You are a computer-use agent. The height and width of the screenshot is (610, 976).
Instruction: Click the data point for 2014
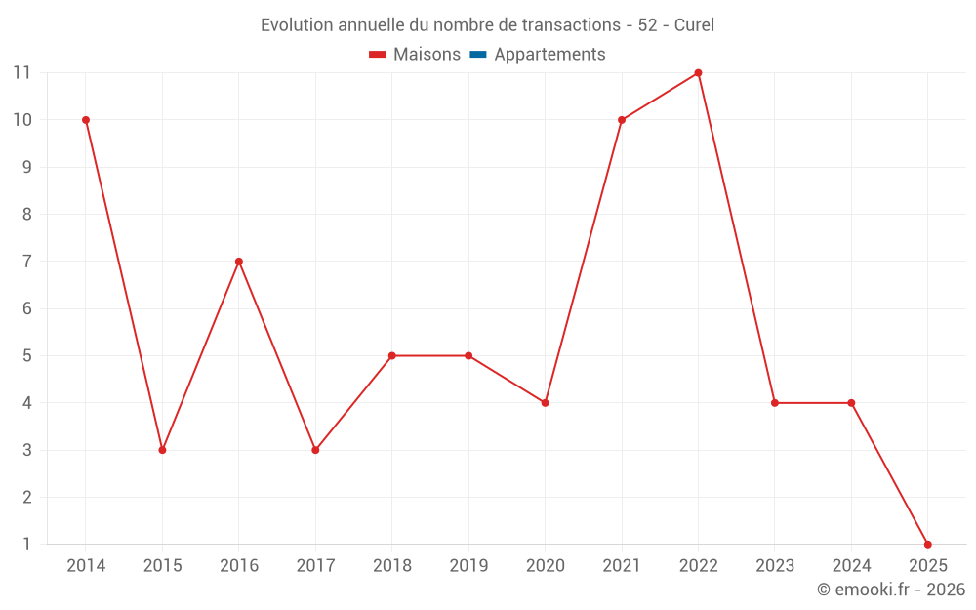pyautogui.click(x=86, y=120)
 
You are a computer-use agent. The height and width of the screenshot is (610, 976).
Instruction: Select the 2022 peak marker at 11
pyautogui.click(x=698, y=73)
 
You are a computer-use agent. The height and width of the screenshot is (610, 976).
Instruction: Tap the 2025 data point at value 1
pyautogui.click(x=927, y=544)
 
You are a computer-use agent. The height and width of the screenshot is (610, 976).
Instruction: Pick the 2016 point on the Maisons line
pyautogui.click(x=239, y=262)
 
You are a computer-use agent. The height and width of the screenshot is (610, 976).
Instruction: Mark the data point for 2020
pyautogui.click(x=545, y=403)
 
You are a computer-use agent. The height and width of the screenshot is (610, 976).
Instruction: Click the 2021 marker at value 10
pyautogui.click(x=622, y=120)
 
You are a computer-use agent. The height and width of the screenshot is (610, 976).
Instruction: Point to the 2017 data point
pyautogui.click(x=315, y=450)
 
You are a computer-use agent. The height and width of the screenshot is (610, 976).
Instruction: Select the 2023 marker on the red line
pyautogui.click(x=775, y=403)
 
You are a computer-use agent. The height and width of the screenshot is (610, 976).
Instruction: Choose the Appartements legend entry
pyautogui.click(x=549, y=55)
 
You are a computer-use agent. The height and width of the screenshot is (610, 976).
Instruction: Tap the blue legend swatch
pyautogui.click(x=478, y=55)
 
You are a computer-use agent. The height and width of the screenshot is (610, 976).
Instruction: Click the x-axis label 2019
pyautogui.click(x=468, y=566)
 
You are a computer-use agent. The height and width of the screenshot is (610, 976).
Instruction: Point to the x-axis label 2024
pyautogui.click(x=851, y=566)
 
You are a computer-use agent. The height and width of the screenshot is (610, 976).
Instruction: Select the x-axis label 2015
pyautogui.click(x=162, y=566)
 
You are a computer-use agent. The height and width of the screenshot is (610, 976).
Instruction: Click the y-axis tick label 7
pyautogui.click(x=26, y=262)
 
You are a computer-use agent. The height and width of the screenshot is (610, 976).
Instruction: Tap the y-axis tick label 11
pyautogui.click(x=22, y=73)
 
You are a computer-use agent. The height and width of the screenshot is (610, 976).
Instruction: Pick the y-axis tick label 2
pyautogui.click(x=26, y=497)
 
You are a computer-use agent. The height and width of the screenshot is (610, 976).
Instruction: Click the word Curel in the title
pyautogui.click(x=694, y=25)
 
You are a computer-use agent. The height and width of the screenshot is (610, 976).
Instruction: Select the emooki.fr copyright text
pyautogui.click(x=891, y=590)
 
